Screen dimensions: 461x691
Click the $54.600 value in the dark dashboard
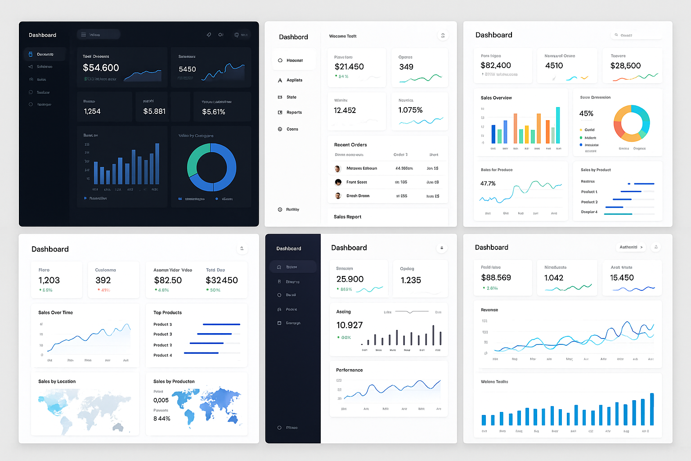(101, 68)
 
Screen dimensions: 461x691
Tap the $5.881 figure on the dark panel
(154, 111)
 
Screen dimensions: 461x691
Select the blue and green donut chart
(211, 167)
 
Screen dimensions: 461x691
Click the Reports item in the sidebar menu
(294, 113)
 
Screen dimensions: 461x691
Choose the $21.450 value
(349, 67)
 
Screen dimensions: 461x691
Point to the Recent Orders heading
(350, 145)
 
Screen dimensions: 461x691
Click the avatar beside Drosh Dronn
(338, 196)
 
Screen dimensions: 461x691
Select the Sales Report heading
(347, 217)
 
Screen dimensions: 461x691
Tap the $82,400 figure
(496, 65)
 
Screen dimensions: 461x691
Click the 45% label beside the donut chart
(586, 113)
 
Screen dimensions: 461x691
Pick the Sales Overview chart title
(496, 98)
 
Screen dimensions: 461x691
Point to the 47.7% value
(488, 184)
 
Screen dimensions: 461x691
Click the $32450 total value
(222, 280)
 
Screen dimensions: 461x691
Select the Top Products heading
(167, 312)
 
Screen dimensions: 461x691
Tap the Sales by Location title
(57, 381)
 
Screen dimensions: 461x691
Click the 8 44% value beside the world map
(162, 419)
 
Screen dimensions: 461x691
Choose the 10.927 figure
(350, 325)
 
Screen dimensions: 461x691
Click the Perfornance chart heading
(349, 370)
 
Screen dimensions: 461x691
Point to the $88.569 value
(496, 278)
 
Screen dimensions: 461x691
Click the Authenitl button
(631, 247)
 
